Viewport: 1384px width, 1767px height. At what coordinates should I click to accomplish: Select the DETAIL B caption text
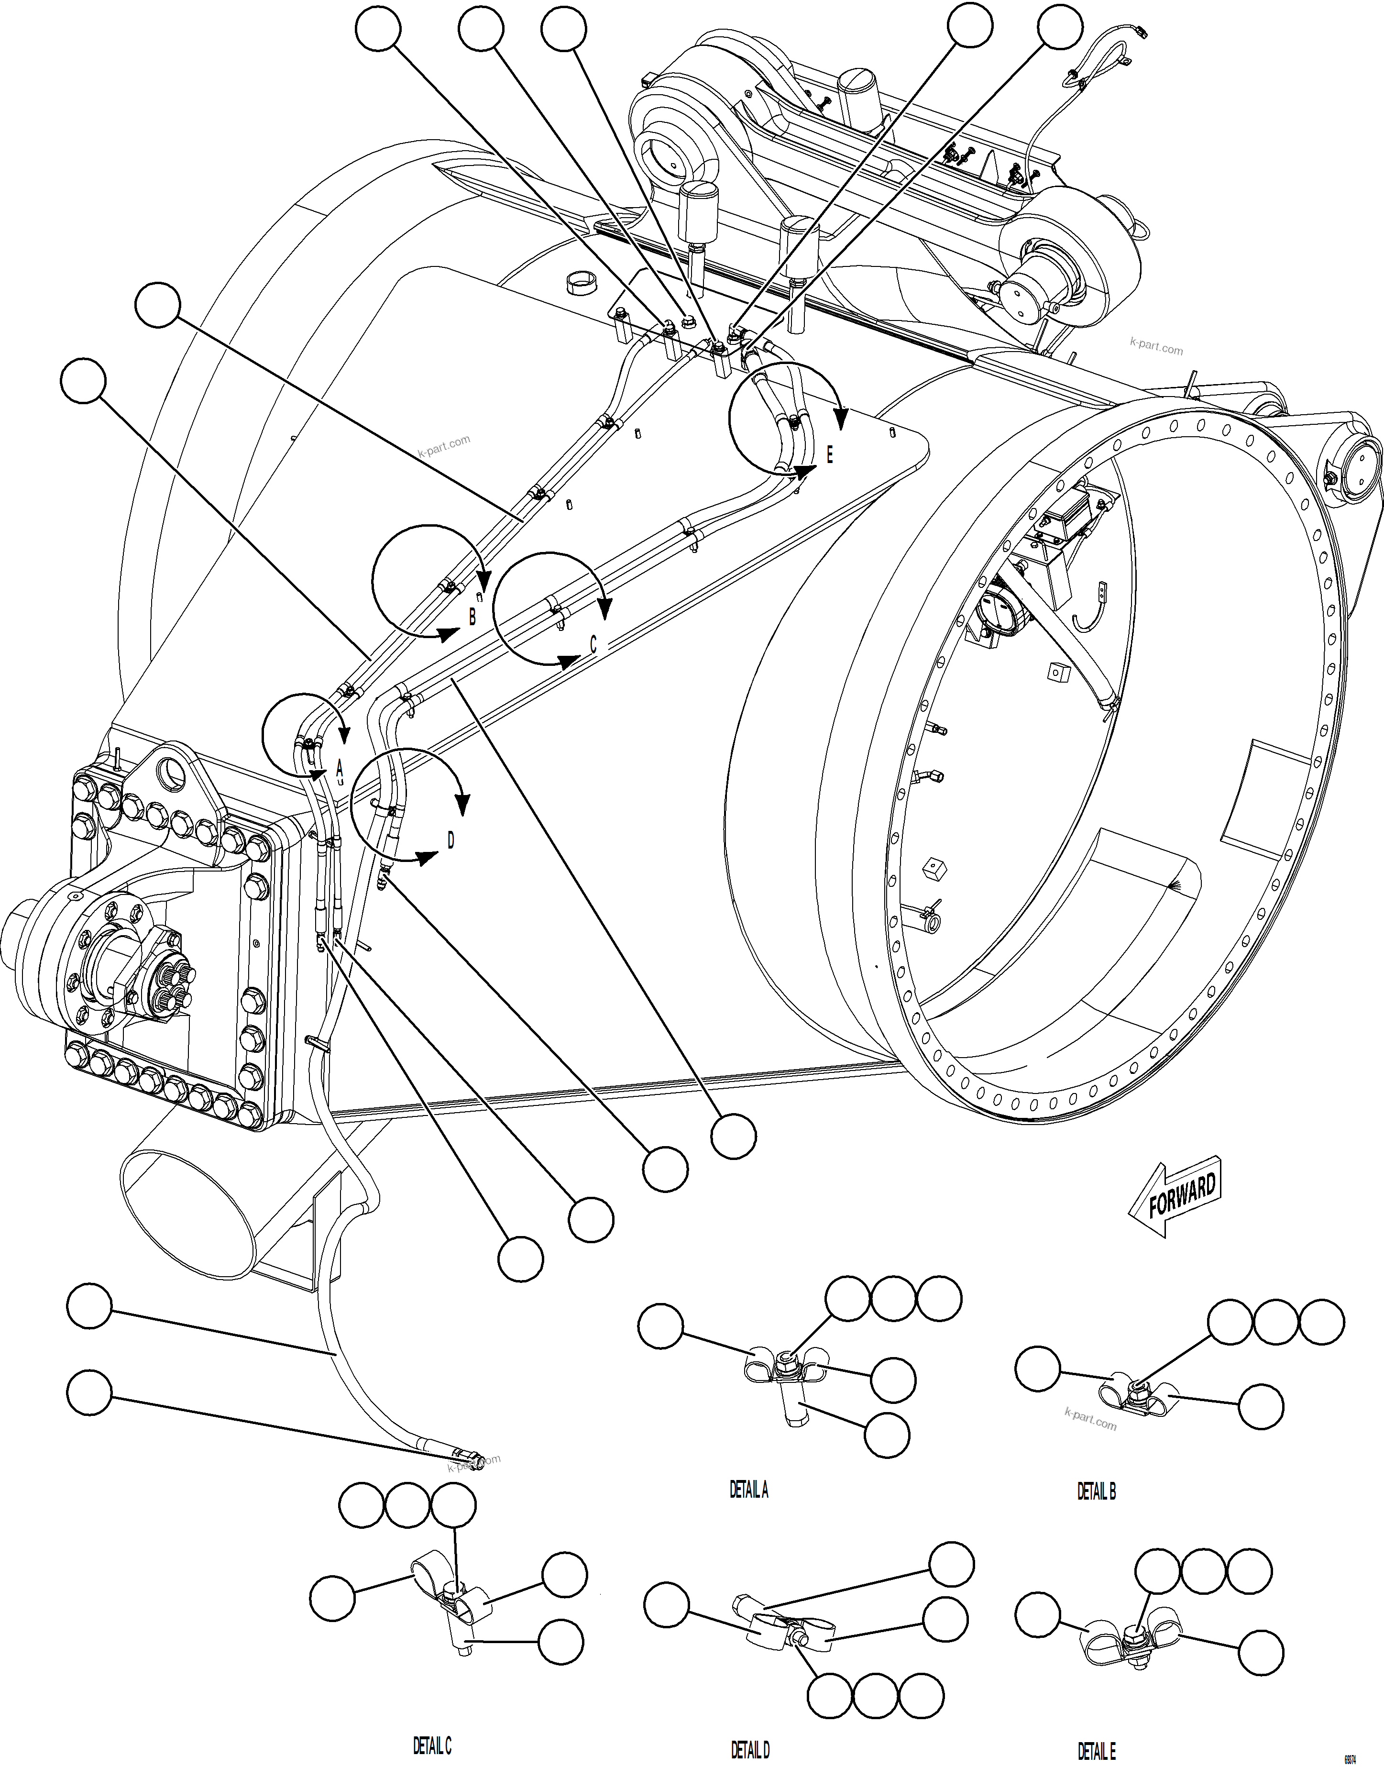(1096, 1491)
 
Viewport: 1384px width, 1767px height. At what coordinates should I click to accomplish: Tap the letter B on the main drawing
(472, 616)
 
